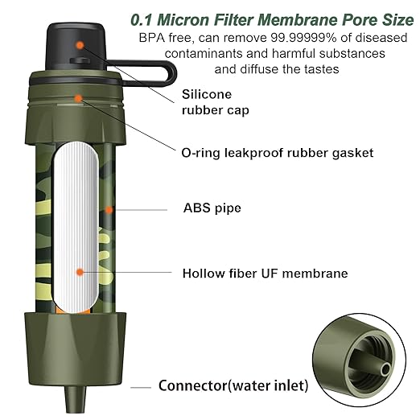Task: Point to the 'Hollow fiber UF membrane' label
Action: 265,274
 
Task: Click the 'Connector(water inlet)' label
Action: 233,386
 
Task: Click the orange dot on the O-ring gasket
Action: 78,97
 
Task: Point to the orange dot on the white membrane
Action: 79,273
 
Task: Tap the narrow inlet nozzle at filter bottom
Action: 76,397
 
